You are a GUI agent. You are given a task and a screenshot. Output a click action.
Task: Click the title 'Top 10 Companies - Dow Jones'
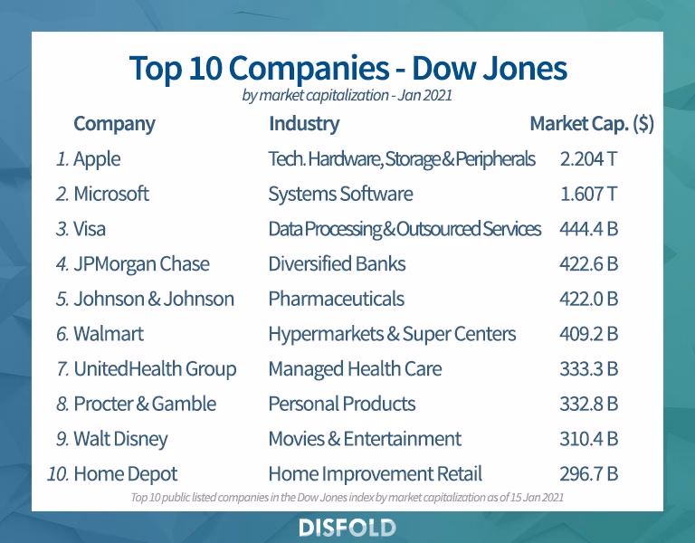click(x=347, y=68)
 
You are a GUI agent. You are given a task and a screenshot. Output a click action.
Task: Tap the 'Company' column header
click(x=114, y=124)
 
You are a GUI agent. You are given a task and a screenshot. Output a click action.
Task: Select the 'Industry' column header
click(x=304, y=124)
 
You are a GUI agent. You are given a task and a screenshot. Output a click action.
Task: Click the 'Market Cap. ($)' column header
click(x=592, y=124)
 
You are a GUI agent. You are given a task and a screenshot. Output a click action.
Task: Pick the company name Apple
click(x=97, y=159)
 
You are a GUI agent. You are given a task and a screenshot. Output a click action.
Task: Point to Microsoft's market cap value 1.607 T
click(x=589, y=194)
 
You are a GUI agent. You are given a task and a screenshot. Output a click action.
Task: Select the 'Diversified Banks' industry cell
click(x=337, y=264)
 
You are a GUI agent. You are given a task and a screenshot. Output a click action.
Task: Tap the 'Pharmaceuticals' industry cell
click(x=336, y=299)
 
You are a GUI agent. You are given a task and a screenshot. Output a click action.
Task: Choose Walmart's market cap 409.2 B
click(x=589, y=334)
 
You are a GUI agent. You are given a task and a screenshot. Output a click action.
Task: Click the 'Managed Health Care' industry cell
click(x=355, y=369)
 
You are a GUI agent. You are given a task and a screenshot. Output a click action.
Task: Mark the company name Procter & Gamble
click(x=145, y=404)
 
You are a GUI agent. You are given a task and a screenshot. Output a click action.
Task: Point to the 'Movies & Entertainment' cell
click(x=365, y=439)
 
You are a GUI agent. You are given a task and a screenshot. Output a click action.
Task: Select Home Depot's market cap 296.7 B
click(x=589, y=473)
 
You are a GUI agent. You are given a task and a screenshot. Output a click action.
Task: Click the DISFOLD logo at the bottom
click(x=347, y=528)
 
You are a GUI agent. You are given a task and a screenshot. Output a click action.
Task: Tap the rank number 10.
click(x=57, y=473)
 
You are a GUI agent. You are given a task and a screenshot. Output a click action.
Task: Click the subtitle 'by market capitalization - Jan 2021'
click(x=347, y=95)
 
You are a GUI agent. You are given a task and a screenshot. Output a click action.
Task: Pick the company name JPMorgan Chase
click(x=141, y=264)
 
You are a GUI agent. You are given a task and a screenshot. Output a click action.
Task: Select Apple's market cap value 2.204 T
click(x=589, y=159)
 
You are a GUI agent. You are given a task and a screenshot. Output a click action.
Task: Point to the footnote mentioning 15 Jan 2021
click(x=347, y=497)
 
